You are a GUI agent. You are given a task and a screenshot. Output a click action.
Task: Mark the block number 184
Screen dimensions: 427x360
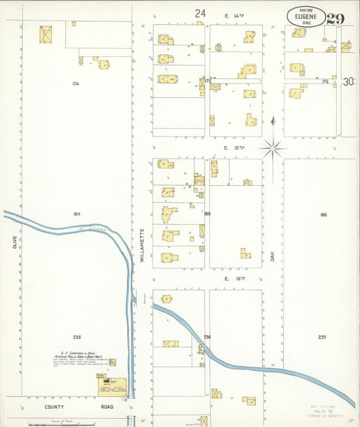pos(76,214)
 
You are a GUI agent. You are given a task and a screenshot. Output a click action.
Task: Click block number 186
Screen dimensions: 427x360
pos(324,215)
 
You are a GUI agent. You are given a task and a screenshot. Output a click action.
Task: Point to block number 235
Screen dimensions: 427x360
pos(76,336)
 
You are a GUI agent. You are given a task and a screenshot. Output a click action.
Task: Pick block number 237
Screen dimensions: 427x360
pos(323,337)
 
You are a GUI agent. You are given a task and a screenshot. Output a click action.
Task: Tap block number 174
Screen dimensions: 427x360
pos(76,84)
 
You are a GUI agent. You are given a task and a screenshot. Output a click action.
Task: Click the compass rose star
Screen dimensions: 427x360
pos(273,147)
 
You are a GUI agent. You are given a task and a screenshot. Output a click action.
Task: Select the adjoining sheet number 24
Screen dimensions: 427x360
pos(200,13)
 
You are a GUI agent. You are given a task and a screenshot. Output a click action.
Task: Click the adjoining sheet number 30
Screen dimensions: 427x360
pos(349,82)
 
